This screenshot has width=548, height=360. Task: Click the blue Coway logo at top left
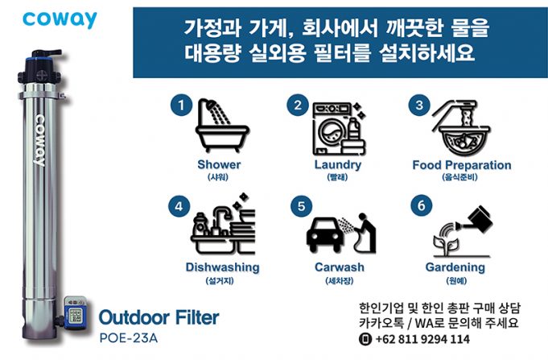60,19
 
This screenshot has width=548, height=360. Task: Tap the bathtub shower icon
222,126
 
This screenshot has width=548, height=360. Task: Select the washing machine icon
339,128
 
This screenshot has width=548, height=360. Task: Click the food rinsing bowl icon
461,128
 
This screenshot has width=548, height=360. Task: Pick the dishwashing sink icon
223,224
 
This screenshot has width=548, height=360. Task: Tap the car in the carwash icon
323,234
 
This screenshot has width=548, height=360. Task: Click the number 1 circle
181,105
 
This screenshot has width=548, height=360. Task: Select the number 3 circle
419,105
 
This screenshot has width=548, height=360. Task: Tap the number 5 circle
301,206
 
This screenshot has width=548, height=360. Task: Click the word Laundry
338,164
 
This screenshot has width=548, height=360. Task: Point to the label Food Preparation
462,165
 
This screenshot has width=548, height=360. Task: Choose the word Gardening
455,267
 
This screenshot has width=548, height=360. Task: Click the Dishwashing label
222,267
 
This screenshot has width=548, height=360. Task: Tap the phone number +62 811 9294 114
422,339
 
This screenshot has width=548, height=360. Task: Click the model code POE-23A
129,338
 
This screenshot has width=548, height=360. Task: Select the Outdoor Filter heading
159,317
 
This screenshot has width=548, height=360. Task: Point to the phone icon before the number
365,339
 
